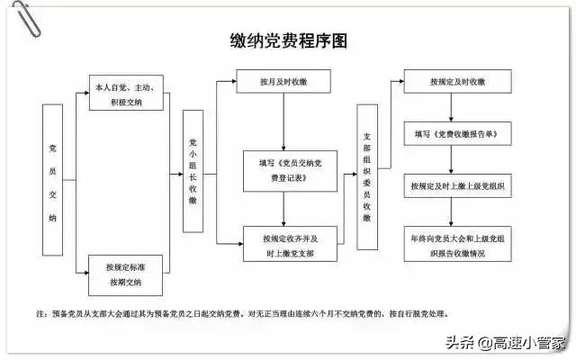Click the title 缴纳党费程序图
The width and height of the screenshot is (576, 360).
pos(289,40)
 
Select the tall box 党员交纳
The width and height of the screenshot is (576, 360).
pos(52,180)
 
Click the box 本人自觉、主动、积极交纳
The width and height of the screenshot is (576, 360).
pos(126,93)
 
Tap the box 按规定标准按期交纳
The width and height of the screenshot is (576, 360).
pos(126,275)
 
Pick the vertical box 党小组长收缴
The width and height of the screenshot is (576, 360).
pos(193,171)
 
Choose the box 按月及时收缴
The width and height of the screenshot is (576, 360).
pos(283,81)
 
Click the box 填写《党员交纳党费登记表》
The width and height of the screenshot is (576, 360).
pos(290,171)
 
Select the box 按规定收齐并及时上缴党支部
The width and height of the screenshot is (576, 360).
pos(290,244)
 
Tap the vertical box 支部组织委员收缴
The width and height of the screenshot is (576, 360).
pos(367,177)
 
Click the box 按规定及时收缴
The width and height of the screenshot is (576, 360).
pos(457,81)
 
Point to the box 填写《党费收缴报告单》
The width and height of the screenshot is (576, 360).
pos(457,134)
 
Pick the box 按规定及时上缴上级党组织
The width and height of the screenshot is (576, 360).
pos(457,186)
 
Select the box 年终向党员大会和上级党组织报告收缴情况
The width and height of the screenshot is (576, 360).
pos(457,244)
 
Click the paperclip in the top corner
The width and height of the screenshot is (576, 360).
pos(26,18)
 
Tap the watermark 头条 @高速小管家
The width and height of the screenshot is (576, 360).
pos(505,343)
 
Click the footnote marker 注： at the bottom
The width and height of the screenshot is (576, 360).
pos(42,314)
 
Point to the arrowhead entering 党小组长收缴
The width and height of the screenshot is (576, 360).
pos(180,174)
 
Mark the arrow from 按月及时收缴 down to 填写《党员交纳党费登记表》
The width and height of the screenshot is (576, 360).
pos(283,121)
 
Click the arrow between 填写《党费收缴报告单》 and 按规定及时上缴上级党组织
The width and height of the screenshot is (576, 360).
pos(451,160)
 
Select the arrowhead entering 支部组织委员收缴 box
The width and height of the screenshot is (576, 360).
pos(354,174)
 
